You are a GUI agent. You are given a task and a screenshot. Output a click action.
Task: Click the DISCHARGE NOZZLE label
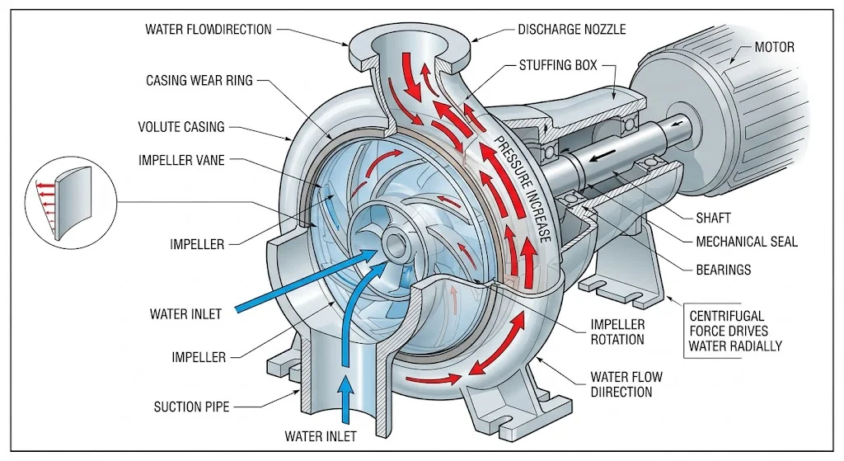click(x=571, y=30)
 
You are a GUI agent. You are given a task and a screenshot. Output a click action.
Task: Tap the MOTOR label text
click(x=775, y=47)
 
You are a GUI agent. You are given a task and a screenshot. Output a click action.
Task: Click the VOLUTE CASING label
click(x=181, y=128)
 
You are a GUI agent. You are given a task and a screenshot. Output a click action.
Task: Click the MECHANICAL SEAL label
click(x=746, y=242)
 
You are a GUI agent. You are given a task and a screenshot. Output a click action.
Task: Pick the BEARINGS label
click(x=723, y=270)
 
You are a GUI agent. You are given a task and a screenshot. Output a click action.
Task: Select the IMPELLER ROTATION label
click(x=617, y=332)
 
